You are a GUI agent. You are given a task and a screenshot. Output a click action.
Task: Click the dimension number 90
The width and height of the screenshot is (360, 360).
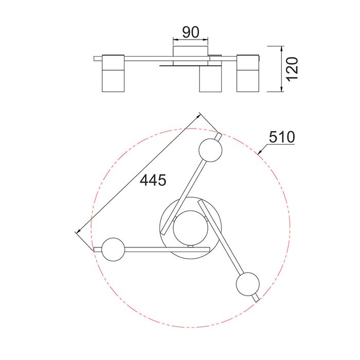click(191, 32)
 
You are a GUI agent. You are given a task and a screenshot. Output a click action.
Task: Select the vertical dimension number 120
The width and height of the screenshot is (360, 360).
click(293, 69)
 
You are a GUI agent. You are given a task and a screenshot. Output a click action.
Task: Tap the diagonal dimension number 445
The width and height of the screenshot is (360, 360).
click(153, 180)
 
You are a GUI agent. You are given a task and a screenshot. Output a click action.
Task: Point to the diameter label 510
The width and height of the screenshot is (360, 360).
click(282, 137)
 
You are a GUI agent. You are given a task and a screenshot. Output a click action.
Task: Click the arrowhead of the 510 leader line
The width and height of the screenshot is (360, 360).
click(260, 152)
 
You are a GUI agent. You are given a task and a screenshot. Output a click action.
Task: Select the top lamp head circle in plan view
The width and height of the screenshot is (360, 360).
click(210, 150)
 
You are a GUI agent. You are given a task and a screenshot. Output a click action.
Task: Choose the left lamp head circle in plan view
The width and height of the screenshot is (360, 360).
click(113, 249)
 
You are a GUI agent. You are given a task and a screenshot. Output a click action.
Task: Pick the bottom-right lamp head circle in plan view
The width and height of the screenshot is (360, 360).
click(248, 284)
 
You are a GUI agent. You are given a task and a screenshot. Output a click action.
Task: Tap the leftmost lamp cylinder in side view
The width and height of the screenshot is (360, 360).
click(113, 73)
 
